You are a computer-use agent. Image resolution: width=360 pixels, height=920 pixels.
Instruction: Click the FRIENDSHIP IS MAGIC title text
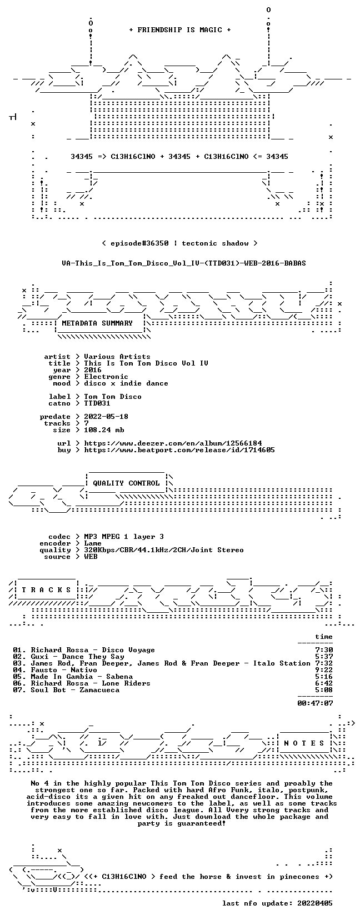pyautogui.click(x=180, y=30)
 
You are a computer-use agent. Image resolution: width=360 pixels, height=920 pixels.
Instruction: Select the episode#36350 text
pyautogui.click(x=139, y=243)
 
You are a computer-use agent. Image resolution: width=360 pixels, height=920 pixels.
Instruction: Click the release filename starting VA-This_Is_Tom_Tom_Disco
pyautogui.click(x=184, y=263)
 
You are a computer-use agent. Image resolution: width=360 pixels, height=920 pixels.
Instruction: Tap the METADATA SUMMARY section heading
pyautogui.click(x=97, y=323)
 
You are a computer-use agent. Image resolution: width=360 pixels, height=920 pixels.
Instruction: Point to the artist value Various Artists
pyautogui.click(x=117, y=357)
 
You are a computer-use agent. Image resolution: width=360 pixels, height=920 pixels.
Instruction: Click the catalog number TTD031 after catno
pyautogui.click(x=97, y=403)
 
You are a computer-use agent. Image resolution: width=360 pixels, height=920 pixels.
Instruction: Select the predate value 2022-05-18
pyautogui.click(x=106, y=417)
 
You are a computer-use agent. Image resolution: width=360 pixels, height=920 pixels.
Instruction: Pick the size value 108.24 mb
pyautogui.click(x=104, y=430)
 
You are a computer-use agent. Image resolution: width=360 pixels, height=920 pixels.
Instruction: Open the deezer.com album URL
pyautogui.click(x=173, y=443)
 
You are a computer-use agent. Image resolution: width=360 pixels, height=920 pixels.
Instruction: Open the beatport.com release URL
pyautogui.click(x=179, y=450)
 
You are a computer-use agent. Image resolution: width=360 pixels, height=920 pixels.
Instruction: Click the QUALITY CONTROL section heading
pyautogui.click(x=126, y=483)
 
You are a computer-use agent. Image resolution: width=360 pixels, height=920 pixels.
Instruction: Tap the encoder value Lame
pyautogui.click(x=93, y=543)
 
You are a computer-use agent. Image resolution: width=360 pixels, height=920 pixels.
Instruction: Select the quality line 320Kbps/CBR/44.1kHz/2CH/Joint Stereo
pyautogui.click(x=164, y=550)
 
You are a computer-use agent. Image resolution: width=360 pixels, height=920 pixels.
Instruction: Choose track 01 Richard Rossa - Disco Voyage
pyautogui.click(x=84, y=650)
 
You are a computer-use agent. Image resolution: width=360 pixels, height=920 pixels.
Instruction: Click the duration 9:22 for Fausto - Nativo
pyautogui.click(x=324, y=670)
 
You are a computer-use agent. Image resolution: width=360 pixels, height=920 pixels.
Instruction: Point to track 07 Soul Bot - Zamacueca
pyautogui.click(x=66, y=690)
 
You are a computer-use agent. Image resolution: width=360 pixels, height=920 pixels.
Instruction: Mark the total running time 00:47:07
pyautogui.click(x=315, y=703)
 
